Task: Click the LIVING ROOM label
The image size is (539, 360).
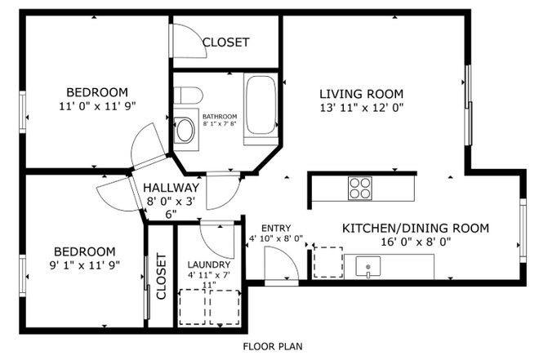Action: click(361, 93)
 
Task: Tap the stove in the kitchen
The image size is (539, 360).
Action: click(360, 189)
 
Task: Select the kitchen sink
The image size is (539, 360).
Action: click(370, 266)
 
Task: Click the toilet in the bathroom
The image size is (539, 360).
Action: click(187, 96)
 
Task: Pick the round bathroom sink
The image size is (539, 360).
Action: click(186, 130)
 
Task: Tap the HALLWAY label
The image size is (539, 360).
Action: click(171, 187)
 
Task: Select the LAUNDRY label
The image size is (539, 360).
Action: click(209, 264)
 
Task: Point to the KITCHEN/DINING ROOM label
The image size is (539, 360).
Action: click(415, 228)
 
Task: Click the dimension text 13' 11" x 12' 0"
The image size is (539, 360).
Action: click(361, 107)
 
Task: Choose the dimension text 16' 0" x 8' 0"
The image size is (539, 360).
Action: click(415, 242)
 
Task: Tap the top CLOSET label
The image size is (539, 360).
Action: click(225, 42)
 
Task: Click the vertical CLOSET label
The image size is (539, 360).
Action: click(160, 277)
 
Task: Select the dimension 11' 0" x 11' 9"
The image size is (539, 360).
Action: click(97, 106)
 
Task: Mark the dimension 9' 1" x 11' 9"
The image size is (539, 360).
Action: click(85, 266)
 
